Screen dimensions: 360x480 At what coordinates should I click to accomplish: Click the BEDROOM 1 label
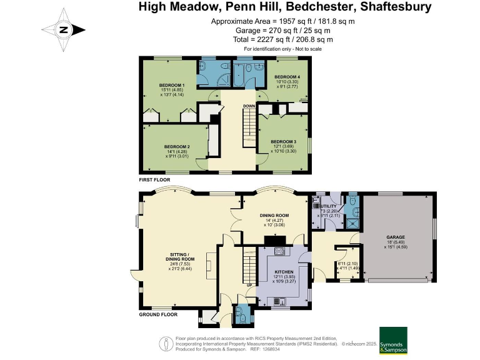(x=171, y=85)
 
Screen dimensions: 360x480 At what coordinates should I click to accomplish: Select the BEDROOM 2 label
(x=177, y=147)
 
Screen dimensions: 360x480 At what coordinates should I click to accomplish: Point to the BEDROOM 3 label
(x=283, y=142)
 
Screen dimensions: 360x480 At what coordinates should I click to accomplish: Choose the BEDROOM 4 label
(x=288, y=77)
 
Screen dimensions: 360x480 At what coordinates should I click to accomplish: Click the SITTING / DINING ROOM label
(x=180, y=258)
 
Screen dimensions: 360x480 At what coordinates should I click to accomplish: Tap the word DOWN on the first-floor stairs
(x=249, y=106)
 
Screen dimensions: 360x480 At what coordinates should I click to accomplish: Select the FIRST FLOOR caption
(x=155, y=178)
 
